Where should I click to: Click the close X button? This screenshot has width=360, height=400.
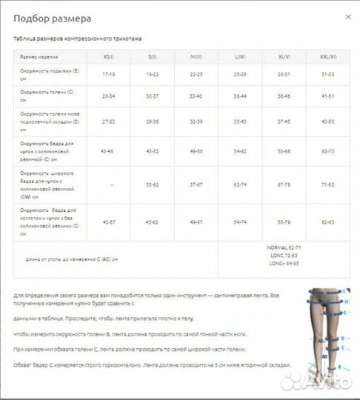pos(348,16)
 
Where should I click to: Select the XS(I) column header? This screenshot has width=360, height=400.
pos(108,56)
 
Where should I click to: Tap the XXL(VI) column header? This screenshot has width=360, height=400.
pos(328,56)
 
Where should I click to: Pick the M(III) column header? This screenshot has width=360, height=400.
pos(196,56)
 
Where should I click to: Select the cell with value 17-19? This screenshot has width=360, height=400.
pos(108,74)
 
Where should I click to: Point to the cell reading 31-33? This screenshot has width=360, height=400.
pos(328,74)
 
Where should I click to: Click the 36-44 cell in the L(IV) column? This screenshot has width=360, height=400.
pos(239,96)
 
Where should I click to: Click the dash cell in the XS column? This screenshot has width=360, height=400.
pos(108,183)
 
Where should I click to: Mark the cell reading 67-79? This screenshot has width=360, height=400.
pos(284,183)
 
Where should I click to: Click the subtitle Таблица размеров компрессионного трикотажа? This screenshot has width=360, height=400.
pos(77,38)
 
